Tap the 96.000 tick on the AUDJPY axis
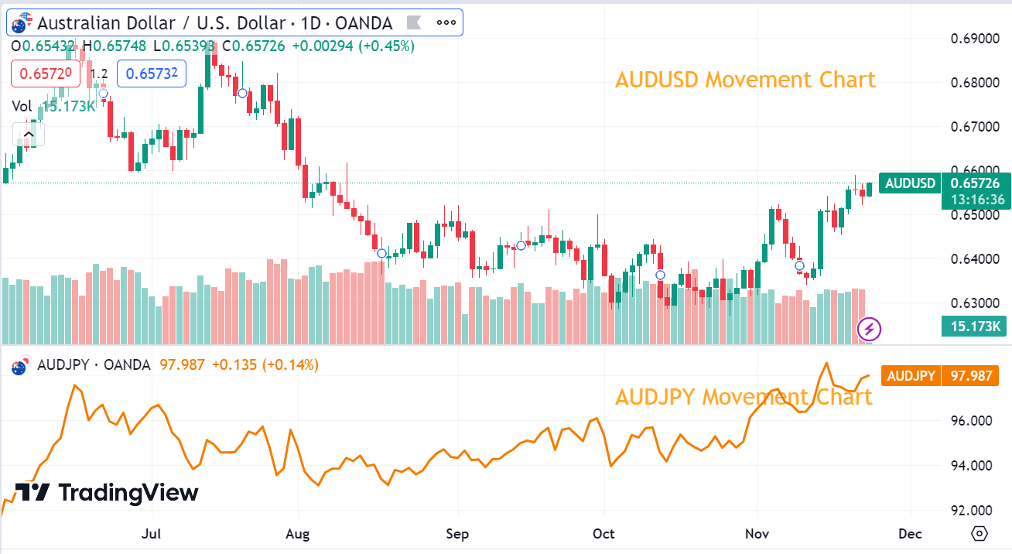point(972,421)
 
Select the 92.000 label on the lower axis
point(972,511)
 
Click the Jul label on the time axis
point(152,534)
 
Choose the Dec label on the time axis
point(911,534)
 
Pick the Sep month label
point(458,534)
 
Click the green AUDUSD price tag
point(910,183)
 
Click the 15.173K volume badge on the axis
point(973,327)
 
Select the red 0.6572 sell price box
point(45,74)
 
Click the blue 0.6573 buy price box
point(152,74)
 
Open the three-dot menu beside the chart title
point(446,22)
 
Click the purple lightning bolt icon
point(870,330)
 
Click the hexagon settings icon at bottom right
point(980,534)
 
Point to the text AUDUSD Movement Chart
point(745,80)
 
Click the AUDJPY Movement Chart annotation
point(744,397)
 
